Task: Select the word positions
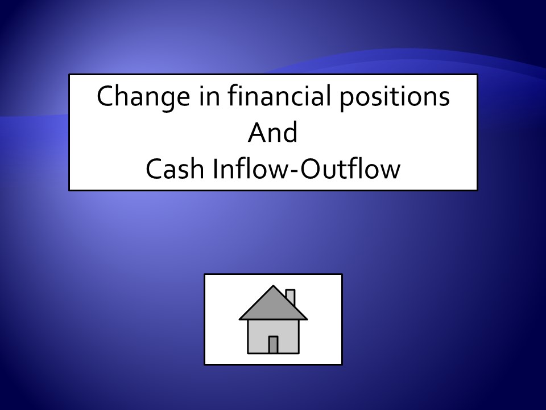point(395,97)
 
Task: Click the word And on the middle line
point(272,132)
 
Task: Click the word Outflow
point(350,168)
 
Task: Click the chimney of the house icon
point(291,296)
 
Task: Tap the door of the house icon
point(273,345)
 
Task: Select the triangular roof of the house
point(273,307)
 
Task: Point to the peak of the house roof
point(273,285)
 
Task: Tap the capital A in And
point(257,132)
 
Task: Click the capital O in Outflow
point(311,169)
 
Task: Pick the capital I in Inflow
point(214,169)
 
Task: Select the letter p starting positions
point(347,101)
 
